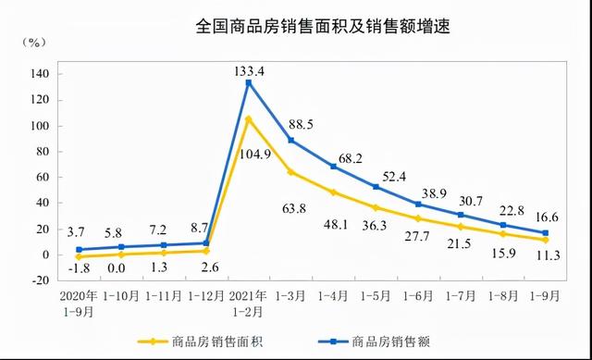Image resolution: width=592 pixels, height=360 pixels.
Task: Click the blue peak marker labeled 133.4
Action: pyautogui.click(x=248, y=82)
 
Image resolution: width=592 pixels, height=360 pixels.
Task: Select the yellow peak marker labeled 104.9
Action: pyautogui.click(x=248, y=118)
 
